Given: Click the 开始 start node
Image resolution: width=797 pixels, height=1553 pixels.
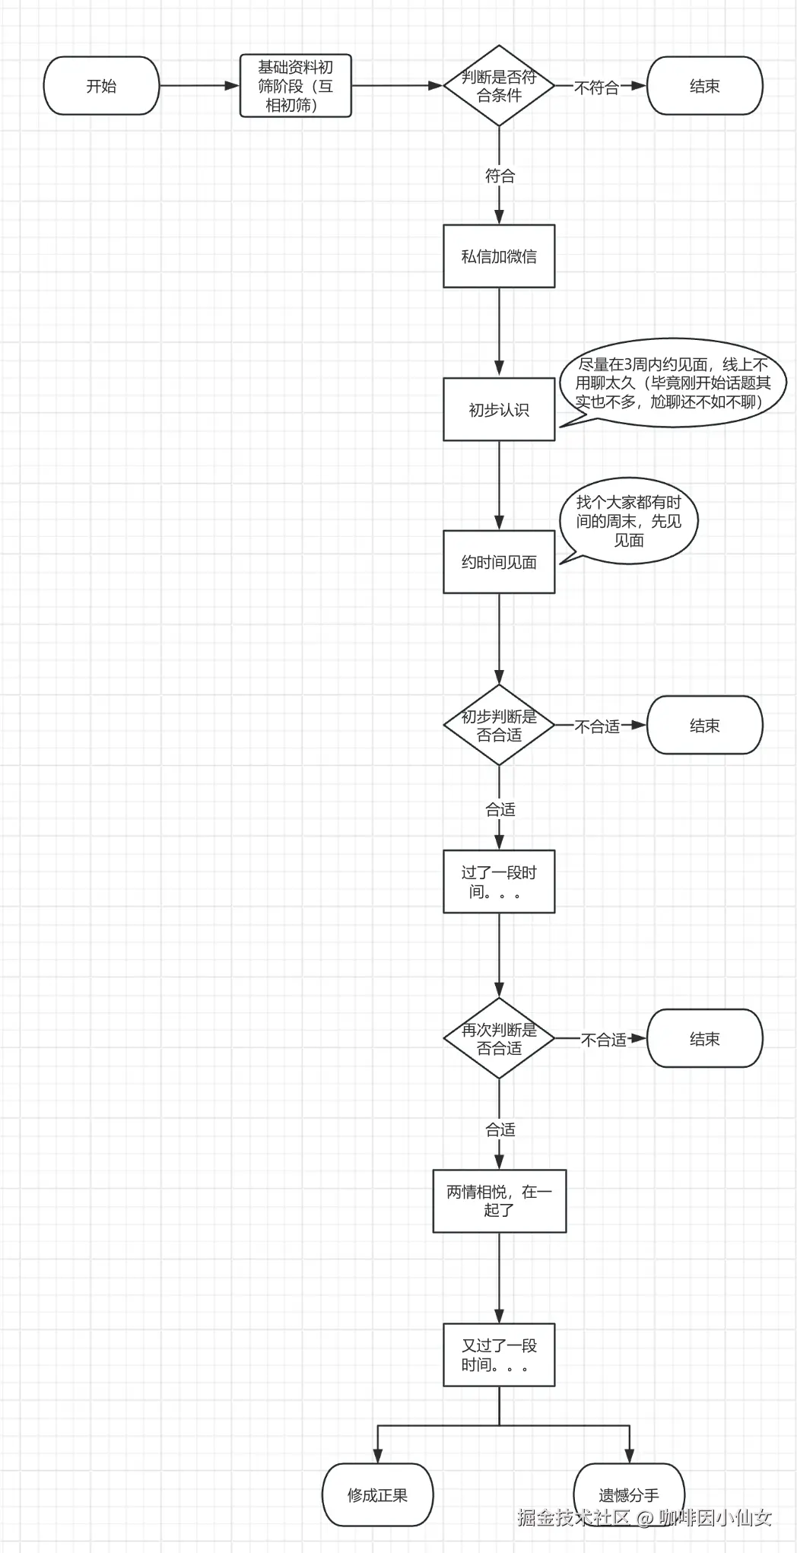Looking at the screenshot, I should click(x=101, y=86).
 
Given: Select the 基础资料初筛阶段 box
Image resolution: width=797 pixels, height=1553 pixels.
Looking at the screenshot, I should click(x=295, y=86).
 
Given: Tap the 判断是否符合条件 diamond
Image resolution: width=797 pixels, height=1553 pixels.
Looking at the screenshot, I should click(x=499, y=86).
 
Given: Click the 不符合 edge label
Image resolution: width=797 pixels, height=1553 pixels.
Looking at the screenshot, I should click(x=596, y=87).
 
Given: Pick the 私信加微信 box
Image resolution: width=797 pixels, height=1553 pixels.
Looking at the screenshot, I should click(x=499, y=256).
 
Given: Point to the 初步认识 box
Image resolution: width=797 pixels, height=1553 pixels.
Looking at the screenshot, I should click(x=499, y=409).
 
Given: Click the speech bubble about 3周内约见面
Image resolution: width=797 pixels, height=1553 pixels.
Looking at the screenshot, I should click(x=672, y=383).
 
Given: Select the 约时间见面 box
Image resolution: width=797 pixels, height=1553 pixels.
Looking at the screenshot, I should click(x=499, y=562).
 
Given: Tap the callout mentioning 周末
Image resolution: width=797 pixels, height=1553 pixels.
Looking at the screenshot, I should click(x=629, y=521).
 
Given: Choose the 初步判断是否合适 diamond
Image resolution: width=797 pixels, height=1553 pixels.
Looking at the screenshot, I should click(x=499, y=726).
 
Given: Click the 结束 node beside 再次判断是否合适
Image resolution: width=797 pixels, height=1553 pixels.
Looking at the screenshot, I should click(x=704, y=1039).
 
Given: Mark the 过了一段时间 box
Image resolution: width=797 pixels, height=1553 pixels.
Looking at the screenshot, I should click(x=499, y=881).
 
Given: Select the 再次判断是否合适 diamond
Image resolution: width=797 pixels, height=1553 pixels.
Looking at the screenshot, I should click(x=499, y=1039).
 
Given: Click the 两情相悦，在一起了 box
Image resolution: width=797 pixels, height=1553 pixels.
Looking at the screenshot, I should click(x=499, y=1201).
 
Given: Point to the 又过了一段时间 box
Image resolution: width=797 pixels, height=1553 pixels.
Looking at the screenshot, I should click(x=499, y=1355).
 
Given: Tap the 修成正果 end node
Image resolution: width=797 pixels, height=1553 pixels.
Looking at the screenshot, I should click(x=377, y=1495).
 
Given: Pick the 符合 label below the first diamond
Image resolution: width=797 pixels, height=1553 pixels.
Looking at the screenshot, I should click(x=500, y=176).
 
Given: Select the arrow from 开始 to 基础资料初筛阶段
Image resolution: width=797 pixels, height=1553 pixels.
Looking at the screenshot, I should click(x=199, y=86).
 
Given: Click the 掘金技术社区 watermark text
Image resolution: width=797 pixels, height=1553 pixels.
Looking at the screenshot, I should click(x=574, y=1518).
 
